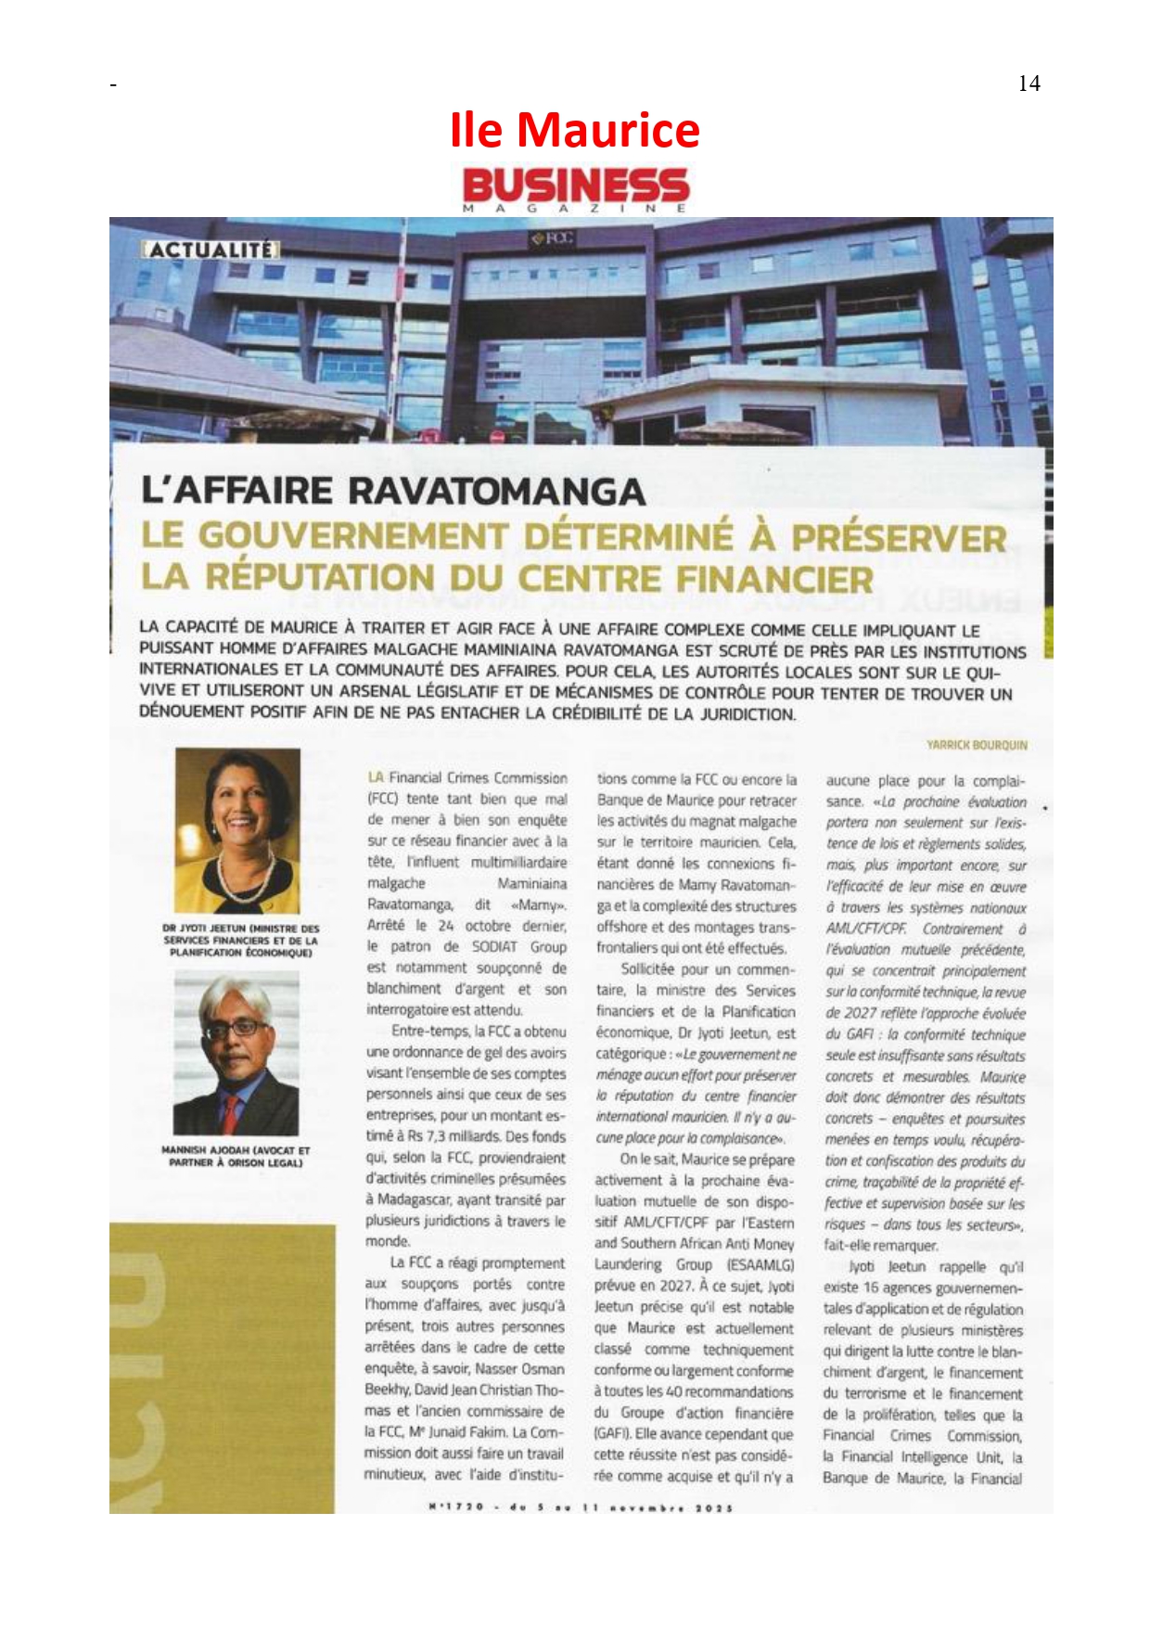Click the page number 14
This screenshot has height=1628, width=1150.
[x=1029, y=83]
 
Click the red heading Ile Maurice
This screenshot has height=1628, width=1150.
[x=574, y=130]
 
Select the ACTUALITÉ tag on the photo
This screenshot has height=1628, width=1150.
[x=211, y=250]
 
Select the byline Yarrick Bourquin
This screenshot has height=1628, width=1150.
[x=977, y=745]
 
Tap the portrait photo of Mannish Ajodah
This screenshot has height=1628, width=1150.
[x=236, y=1053]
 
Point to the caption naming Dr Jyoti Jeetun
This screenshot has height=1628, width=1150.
[x=239, y=940]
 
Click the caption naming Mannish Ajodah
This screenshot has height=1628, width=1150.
[x=236, y=1156]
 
